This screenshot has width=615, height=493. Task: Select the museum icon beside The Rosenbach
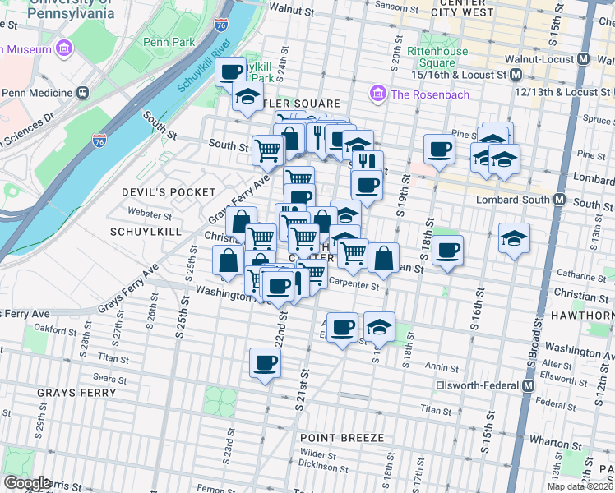click(x=378, y=94)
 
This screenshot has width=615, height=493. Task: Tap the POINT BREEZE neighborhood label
click(x=341, y=438)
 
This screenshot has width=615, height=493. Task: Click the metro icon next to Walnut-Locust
click(x=583, y=59)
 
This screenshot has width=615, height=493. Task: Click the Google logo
click(x=27, y=483)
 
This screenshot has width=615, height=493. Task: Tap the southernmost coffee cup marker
click(x=265, y=362)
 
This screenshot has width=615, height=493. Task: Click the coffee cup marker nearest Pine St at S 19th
click(x=439, y=150)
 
